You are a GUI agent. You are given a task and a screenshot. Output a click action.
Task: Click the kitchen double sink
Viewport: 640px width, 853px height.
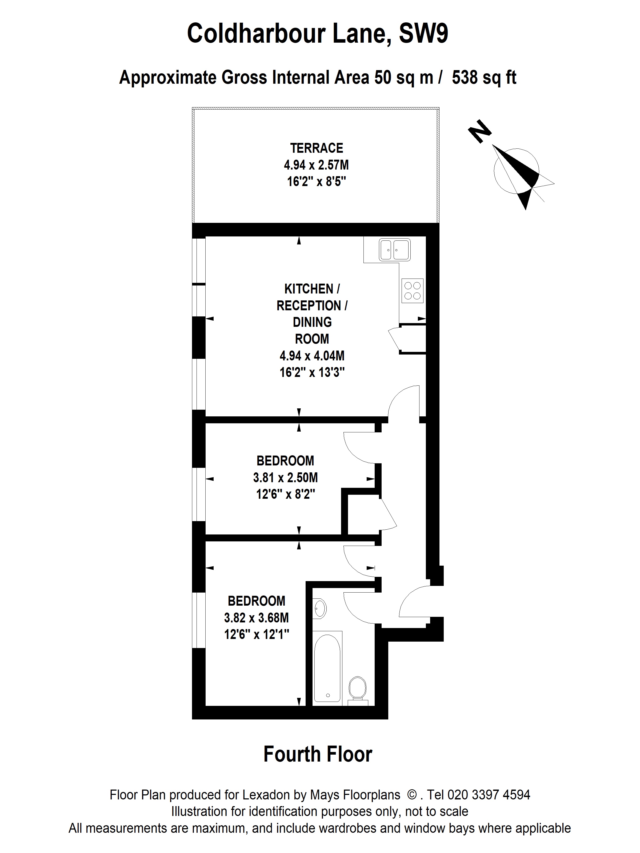[x=395, y=250]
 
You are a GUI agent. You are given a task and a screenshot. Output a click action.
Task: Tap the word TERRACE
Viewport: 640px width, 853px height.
[x=317, y=148]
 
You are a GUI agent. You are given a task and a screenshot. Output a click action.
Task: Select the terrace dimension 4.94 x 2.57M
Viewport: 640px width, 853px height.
[x=316, y=165]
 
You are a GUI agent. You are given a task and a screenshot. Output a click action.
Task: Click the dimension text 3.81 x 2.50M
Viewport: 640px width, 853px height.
[x=286, y=477]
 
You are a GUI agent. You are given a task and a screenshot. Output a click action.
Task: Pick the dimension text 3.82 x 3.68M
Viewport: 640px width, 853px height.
[x=257, y=618]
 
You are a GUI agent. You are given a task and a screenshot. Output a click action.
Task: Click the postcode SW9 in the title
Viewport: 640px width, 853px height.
[x=423, y=34]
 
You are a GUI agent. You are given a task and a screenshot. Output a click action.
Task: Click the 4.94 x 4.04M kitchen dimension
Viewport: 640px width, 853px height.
[x=312, y=356]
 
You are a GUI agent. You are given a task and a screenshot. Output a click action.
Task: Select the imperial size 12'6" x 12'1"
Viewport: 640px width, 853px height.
[x=257, y=634]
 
